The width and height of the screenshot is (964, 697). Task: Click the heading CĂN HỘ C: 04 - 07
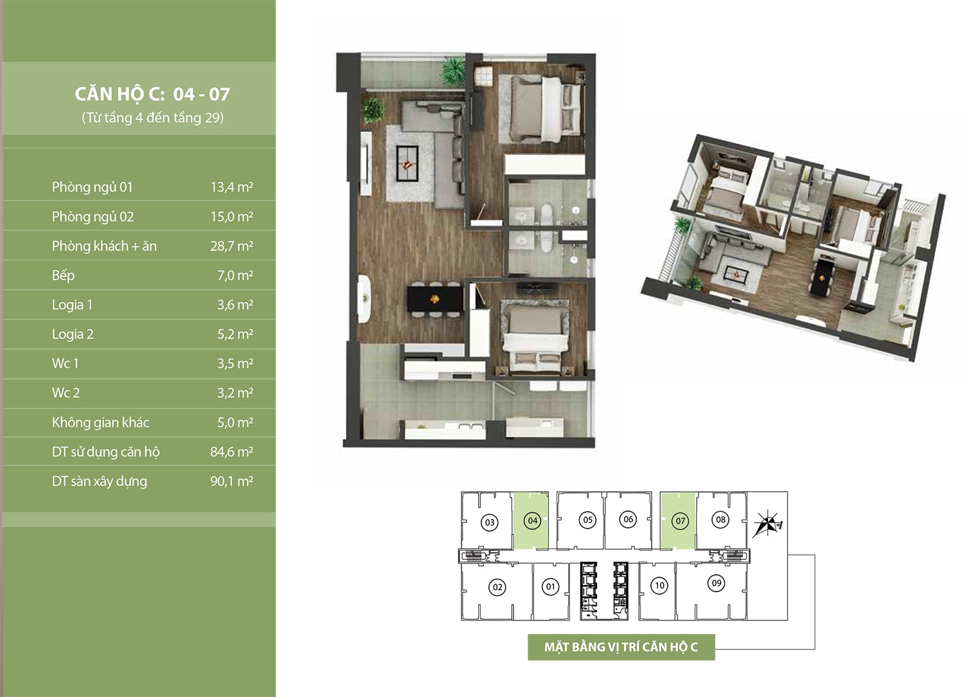pos(152,95)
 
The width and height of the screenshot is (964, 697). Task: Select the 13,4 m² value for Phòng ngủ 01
pos(231,187)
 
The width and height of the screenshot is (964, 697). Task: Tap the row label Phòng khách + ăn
pos(104,246)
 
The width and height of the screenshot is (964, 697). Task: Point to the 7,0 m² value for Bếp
pos(235,276)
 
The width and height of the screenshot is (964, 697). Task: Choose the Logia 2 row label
pos(73,334)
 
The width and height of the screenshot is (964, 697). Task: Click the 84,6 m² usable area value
pos(231,452)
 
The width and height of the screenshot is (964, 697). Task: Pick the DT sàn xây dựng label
pos(100,482)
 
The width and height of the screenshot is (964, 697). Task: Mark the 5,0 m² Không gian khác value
pos(235,422)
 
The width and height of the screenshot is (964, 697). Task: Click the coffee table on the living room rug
pos(106,163)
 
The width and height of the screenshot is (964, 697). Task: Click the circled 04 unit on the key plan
pos(532,520)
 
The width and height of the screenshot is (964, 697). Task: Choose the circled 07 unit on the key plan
pos(680,521)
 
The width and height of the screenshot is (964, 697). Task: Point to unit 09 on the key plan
pos(716,583)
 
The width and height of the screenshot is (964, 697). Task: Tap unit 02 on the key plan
pos(497,587)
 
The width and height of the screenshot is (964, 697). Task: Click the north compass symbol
pos(767,523)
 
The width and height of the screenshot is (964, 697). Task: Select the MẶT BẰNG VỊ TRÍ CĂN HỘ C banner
pos(621,647)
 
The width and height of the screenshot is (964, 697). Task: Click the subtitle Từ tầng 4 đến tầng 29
pos(152,118)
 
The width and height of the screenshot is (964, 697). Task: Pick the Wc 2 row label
pos(66,393)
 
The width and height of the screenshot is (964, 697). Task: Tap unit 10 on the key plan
pos(660,586)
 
